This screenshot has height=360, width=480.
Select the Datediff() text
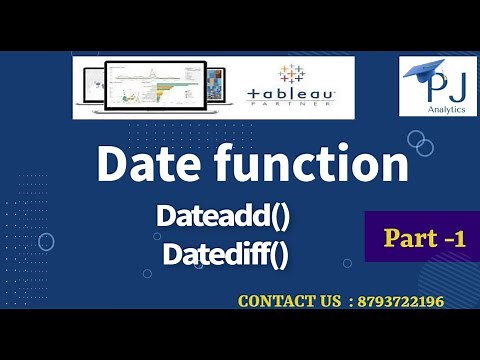click(225, 253)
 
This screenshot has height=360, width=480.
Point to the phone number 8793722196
click(393, 300)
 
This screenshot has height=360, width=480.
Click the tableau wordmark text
click(291, 93)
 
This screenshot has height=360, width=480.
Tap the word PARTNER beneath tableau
click(292, 104)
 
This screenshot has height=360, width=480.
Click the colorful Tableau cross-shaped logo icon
click(293, 74)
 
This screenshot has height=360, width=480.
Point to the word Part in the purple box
click(404, 238)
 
